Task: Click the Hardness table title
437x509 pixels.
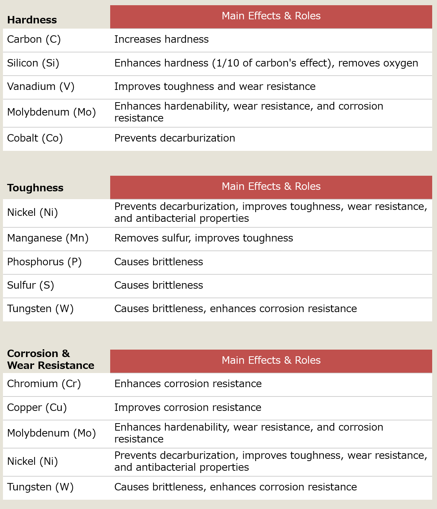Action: coord(32,20)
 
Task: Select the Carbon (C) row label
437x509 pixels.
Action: coord(34,39)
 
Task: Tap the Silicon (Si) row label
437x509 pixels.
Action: coord(33,63)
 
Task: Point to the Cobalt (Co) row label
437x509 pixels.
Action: coord(35,138)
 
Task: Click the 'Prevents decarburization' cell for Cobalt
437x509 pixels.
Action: coord(174,138)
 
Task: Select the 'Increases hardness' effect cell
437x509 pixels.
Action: coord(161,39)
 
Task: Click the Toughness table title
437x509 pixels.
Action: coord(35,188)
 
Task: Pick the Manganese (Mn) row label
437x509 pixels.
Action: coord(48,238)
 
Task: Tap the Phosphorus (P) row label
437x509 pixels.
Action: coord(44,262)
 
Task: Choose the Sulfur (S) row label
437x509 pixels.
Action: coord(30,285)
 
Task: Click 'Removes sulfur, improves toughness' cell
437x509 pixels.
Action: coord(203,238)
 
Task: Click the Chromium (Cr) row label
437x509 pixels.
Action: coord(44,384)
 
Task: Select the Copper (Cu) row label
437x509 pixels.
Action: coord(37,408)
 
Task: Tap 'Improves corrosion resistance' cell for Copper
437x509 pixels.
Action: coord(188,408)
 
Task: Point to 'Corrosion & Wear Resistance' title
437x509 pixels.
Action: coord(50,359)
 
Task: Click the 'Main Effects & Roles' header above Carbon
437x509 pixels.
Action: coord(271,16)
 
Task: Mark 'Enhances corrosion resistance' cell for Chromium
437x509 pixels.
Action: coord(188,384)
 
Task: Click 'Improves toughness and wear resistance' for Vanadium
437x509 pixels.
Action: coord(215,87)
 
